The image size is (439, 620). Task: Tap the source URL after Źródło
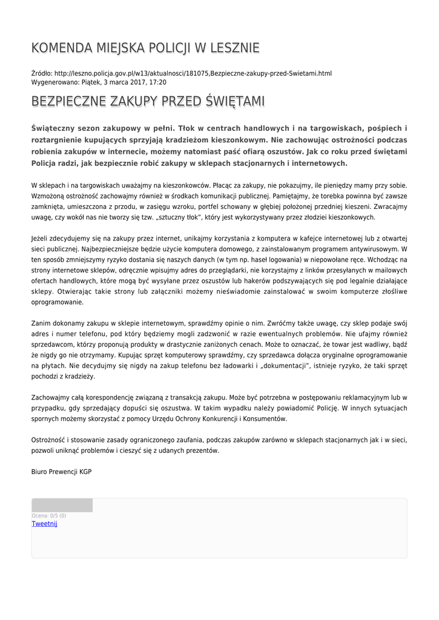(193, 73)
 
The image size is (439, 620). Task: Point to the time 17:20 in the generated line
(158, 82)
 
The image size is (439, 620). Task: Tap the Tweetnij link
(44, 524)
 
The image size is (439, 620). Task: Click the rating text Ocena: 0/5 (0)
(49, 516)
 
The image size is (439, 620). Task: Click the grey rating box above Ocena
(62, 506)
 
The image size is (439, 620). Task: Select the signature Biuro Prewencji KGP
(61, 472)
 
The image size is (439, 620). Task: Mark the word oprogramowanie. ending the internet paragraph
(57, 302)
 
